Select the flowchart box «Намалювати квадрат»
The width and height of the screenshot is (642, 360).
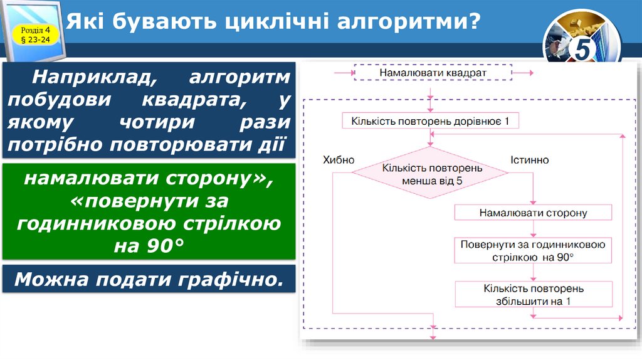pyautogui.click(x=433, y=73)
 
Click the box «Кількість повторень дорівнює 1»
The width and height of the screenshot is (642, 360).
pyautogui.click(x=430, y=120)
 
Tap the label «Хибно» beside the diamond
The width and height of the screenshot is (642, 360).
pyautogui.click(x=339, y=160)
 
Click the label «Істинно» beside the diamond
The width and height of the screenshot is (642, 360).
pyautogui.click(x=530, y=160)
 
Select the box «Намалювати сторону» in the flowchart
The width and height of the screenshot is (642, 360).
pyautogui.click(x=533, y=213)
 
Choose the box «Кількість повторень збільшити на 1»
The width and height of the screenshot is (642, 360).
pyautogui.click(x=533, y=295)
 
